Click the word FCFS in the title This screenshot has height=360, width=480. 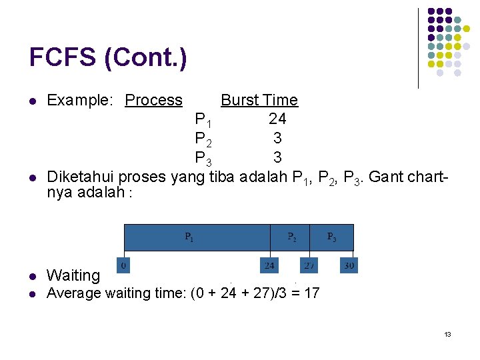63,57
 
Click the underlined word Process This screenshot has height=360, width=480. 153,100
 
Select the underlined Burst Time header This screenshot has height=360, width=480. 259,100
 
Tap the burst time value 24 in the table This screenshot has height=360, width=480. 277,119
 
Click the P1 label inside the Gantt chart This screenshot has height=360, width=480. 190,237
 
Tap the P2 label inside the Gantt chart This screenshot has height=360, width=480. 293,237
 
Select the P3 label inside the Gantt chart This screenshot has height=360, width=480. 331,237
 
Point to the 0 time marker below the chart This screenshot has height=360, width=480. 123,265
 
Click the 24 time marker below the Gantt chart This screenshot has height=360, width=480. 269,265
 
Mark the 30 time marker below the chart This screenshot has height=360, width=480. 349,265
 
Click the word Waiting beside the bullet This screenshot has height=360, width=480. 73,275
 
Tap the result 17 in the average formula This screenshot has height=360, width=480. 311,293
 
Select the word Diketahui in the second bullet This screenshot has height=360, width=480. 79,177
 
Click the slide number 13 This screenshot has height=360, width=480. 447,334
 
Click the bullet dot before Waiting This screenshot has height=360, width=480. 32,276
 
